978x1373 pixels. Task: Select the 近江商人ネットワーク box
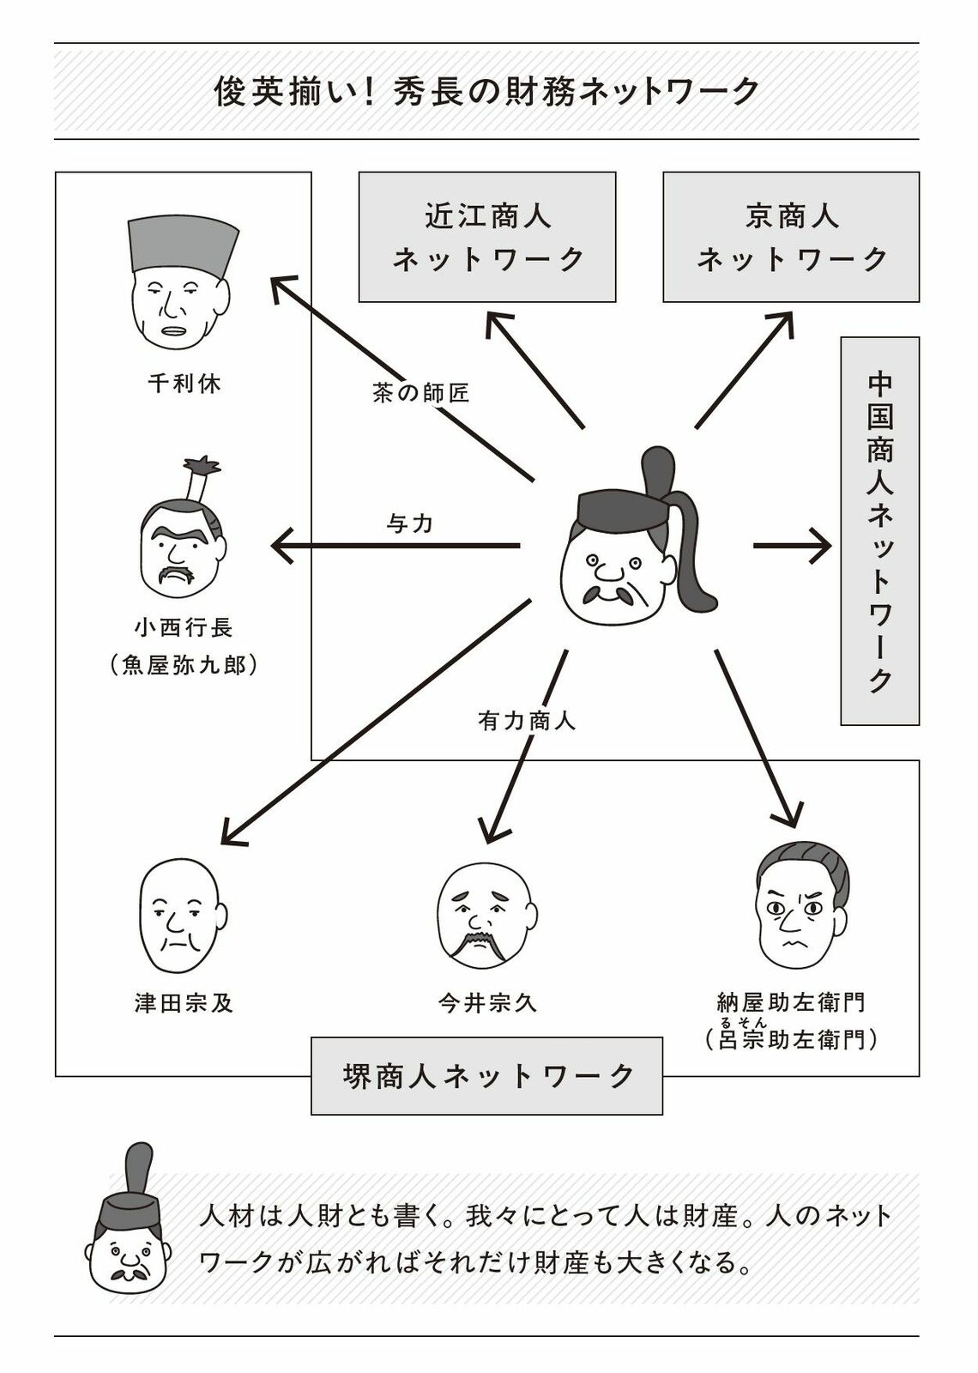pyautogui.click(x=486, y=237)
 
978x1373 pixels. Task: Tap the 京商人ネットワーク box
pyautogui.click(x=790, y=237)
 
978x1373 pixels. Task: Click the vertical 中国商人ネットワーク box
pyautogui.click(x=879, y=531)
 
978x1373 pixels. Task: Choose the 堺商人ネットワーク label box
pyautogui.click(x=486, y=1076)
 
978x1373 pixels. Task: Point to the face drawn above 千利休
pyautogui.click(x=182, y=287)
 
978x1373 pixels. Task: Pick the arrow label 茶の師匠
pyautogui.click(x=421, y=393)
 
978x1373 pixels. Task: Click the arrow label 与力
pyautogui.click(x=410, y=523)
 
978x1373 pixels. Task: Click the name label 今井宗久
pyautogui.click(x=487, y=1002)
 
